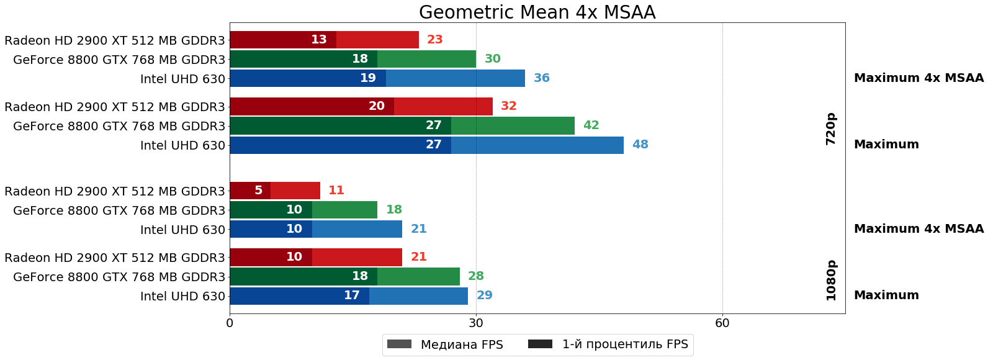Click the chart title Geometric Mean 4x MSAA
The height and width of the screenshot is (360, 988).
tap(537, 12)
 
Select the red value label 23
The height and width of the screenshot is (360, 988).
tap(434, 40)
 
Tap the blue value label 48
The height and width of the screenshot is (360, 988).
tap(640, 145)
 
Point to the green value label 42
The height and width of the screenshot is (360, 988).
tap(591, 125)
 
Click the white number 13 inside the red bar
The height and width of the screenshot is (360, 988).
tap(318, 40)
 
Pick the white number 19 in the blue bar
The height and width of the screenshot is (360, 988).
tap(367, 78)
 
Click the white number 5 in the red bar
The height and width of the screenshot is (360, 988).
tap(258, 191)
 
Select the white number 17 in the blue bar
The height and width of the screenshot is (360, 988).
tap(351, 295)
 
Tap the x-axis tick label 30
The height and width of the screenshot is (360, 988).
tap(476, 323)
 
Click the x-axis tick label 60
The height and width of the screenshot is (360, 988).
tap(722, 323)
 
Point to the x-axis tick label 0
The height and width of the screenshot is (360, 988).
tap(230, 323)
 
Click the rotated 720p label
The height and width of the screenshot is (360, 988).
tap(831, 128)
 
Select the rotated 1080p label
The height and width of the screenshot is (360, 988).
tap(831, 280)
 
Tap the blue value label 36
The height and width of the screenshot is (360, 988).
tap(541, 78)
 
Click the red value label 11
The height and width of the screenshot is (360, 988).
tap(336, 191)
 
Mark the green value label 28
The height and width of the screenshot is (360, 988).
tap(475, 276)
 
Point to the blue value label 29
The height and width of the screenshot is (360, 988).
tap(484, 295)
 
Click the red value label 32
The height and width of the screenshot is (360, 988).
tap(508, 106)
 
